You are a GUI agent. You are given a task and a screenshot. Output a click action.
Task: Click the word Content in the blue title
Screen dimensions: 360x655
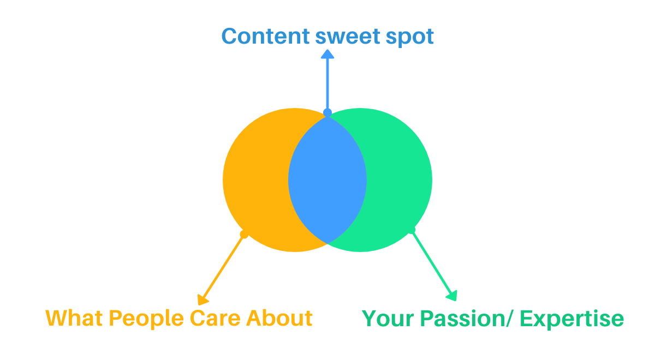266,37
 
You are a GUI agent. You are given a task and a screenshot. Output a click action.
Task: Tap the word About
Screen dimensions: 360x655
279,318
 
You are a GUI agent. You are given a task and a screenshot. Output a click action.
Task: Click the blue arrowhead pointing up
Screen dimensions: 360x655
327,53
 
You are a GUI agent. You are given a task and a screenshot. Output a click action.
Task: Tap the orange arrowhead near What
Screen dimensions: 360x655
203,299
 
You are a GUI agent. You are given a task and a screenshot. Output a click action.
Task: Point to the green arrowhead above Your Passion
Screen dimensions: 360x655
451,296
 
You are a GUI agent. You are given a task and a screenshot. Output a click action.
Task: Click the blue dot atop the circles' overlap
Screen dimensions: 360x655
327,113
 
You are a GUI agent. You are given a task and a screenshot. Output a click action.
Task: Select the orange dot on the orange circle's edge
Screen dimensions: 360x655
244,235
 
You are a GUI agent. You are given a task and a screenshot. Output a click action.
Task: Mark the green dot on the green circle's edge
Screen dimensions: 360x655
412,230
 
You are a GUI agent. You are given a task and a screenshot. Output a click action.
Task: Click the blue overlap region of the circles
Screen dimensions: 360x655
327,180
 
